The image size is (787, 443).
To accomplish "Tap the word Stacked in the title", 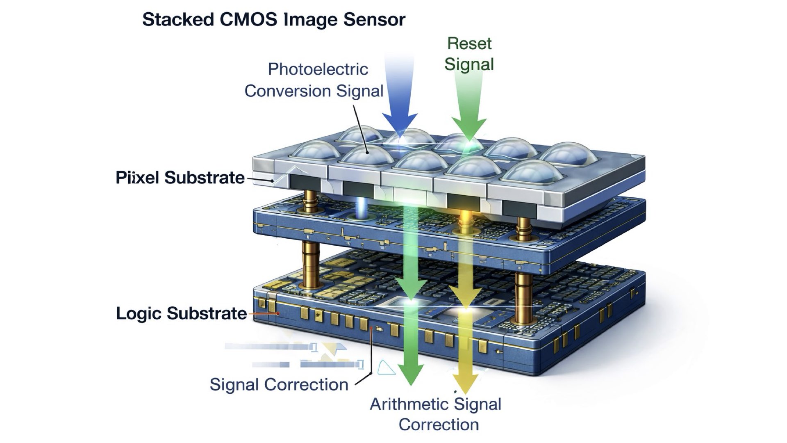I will coord(178,20).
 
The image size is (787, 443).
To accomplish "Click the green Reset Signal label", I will coord(469,54).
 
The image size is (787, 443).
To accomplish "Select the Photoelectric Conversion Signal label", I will coord(314,80).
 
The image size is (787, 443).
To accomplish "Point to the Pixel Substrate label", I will coord(180,178).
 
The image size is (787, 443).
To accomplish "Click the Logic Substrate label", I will coord(182,313).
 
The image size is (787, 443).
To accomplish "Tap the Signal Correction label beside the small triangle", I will coord(279,385).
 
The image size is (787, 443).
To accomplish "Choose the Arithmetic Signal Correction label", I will coord(436,414).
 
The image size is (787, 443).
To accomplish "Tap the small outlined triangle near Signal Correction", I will coord(385,368).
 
